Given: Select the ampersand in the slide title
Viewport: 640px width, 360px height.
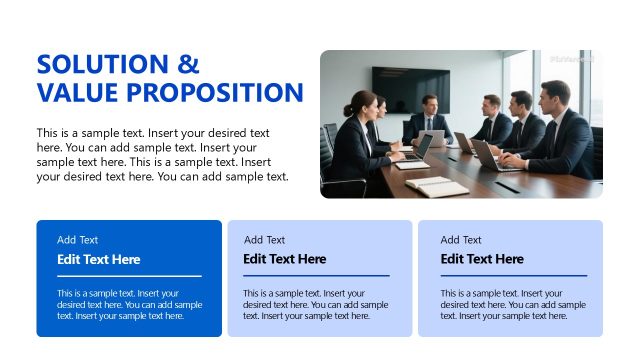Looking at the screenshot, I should [188, 65].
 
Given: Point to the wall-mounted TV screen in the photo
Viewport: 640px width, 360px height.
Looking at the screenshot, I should [411, 88].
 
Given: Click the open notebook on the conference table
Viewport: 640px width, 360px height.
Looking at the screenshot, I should [436, 186].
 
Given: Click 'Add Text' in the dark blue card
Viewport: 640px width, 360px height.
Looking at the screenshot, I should [78, 240].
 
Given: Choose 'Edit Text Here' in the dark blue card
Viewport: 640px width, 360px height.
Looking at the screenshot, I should [99, 259].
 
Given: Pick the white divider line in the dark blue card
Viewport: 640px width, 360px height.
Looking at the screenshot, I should [129, 275].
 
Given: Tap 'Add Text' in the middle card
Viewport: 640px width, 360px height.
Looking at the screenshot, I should [264, 240].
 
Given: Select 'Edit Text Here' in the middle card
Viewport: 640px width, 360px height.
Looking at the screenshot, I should [285, 259].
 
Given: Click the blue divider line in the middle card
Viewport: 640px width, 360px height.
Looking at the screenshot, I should [316, 275].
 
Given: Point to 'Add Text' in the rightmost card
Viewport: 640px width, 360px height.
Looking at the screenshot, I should [461, 240].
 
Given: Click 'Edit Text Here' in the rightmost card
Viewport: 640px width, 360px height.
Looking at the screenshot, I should [482, 259].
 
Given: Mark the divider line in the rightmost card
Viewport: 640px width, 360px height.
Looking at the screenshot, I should [513, 275].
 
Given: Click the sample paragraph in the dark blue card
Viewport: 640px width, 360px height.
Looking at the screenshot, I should [129, 304].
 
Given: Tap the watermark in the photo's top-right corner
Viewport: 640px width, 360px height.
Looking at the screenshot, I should [572, 59].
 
